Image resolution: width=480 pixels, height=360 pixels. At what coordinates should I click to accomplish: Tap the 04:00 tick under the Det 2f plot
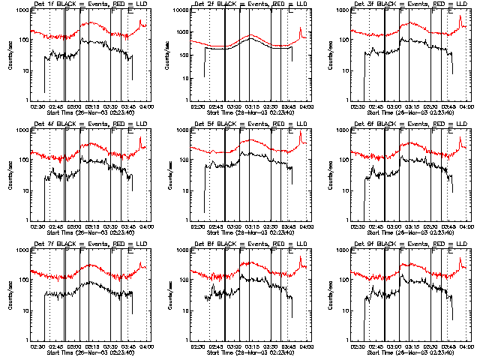pos(305,106)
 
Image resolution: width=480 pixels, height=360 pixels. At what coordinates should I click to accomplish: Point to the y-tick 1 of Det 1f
pos(27,100)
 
